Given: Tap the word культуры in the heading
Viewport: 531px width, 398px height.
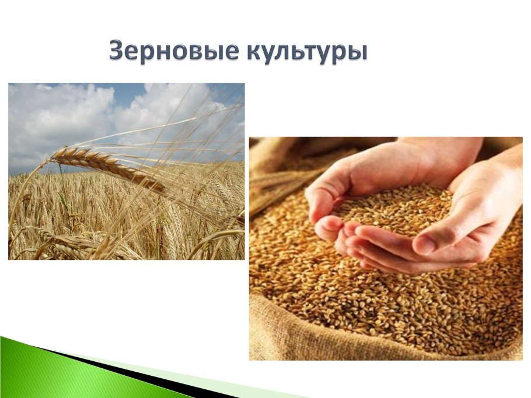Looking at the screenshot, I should coord(306,52).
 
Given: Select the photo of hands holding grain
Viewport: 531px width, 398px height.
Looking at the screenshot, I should coord(385,248).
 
